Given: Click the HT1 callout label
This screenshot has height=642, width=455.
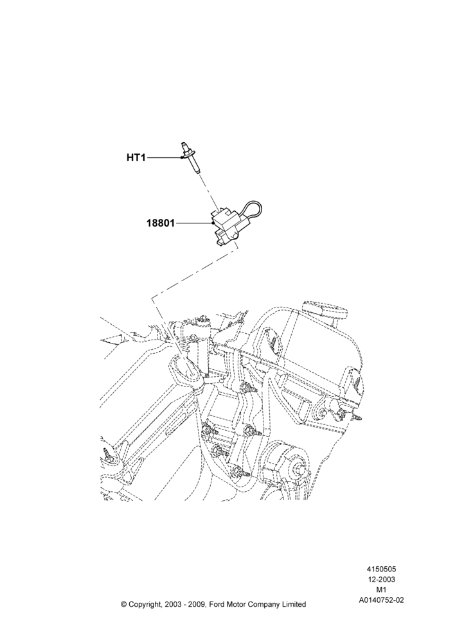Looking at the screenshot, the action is click(x=136, y=158).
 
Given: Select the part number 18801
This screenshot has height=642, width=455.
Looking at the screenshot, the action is click(x=161, y=223).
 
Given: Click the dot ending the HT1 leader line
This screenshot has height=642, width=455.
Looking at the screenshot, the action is click(x=181, y=158).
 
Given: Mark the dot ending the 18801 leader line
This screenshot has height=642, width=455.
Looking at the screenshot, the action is click(x=212, y=223).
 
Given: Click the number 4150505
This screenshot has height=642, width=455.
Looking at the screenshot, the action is click(x=381, y=569).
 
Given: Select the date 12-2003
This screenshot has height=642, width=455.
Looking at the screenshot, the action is click(x=381, y=579).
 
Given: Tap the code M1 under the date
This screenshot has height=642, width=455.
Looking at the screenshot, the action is click(x=381, y=590).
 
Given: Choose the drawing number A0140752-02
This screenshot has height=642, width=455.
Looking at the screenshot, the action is click(x=381, y=600).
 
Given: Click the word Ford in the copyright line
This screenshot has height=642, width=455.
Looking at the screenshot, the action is click(x=219, y=604).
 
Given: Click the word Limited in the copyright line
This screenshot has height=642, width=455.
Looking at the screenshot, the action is click(x=292, y=604).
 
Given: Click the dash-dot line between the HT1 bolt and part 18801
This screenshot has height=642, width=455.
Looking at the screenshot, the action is click(x=208, y=193).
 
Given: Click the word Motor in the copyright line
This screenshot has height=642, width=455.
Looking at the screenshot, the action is click(x=238, y=604).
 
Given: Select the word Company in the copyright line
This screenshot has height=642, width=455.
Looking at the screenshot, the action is click(x=263, y=604).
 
